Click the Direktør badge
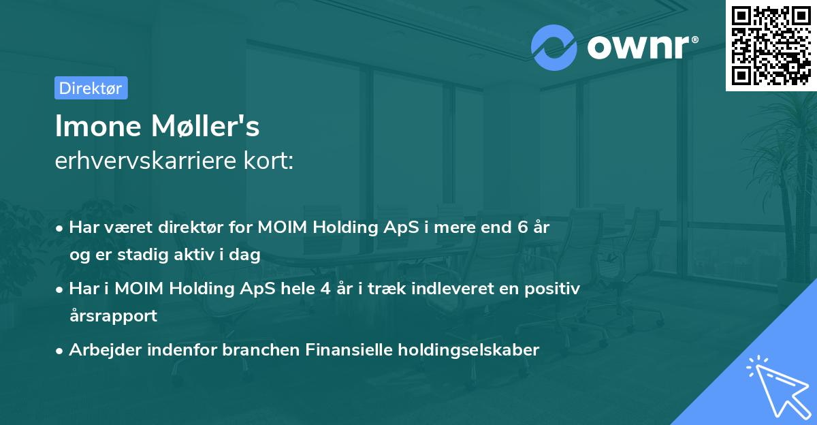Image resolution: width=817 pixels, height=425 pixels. (91, 88)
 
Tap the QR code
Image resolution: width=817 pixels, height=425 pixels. (771, 45)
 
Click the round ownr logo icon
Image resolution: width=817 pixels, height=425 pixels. (554, 47)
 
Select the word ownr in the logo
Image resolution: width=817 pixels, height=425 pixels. (637, 47)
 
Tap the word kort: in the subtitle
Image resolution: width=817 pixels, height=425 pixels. (272, 161)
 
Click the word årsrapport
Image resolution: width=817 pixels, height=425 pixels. (113, 315)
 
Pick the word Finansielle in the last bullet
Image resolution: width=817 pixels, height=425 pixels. (350, 350)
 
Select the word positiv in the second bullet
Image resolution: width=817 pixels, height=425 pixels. (556, 289)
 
